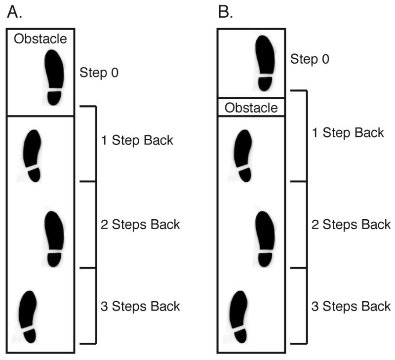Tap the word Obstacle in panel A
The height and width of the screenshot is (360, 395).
click(40, 39)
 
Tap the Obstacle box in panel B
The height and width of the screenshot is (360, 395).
click(251, 107)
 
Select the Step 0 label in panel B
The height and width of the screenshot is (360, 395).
click(310, 59)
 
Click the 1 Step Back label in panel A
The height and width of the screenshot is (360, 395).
click(137, 140)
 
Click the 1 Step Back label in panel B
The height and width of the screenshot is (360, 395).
click(348, 133)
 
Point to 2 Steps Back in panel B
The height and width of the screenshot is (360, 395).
click(351, 225)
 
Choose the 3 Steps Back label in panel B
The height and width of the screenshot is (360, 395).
click(351, 306)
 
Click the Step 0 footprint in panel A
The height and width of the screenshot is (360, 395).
click(54, 77)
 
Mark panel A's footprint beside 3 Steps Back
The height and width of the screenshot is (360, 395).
click(28, 317)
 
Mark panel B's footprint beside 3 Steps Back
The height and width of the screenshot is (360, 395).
click(239, 317)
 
